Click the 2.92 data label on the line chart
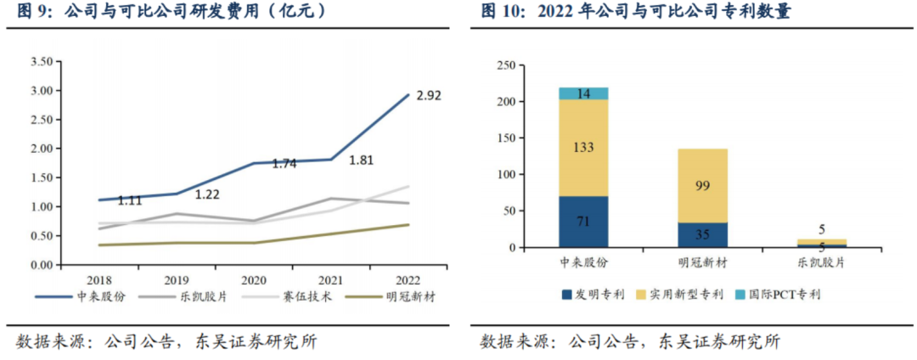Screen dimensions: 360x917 (430, 94)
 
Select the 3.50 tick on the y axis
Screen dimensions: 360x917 (42, 62)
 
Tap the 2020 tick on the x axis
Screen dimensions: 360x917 (255, 279)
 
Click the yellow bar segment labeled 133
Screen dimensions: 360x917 (582, 148)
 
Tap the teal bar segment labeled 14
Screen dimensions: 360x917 (582, 93)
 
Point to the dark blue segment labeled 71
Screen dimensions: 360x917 (582, 222)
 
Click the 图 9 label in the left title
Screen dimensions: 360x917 (33, 12)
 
